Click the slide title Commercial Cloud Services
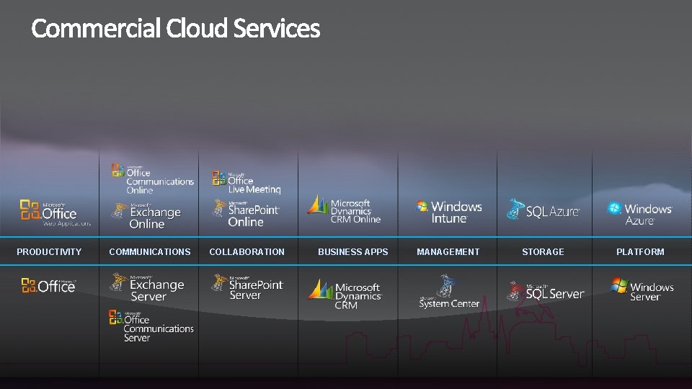(175, 29)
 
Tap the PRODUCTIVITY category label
(49, 252)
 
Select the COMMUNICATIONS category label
(150, 252)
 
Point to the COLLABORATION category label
(247, 252)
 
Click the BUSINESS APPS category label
(352, 252)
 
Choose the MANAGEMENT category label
(448, 252)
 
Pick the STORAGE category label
(543, 252)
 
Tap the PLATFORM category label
(640, 252)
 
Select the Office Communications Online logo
(153, 179)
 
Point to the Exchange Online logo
(147, 215)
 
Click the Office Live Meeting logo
(246, 182)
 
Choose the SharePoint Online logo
(246, 213)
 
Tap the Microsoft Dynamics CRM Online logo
(344, 210)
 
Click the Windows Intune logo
(449, 211)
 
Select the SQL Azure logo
(544, 210)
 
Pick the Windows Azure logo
(640, 213)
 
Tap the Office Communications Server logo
(151, 326)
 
